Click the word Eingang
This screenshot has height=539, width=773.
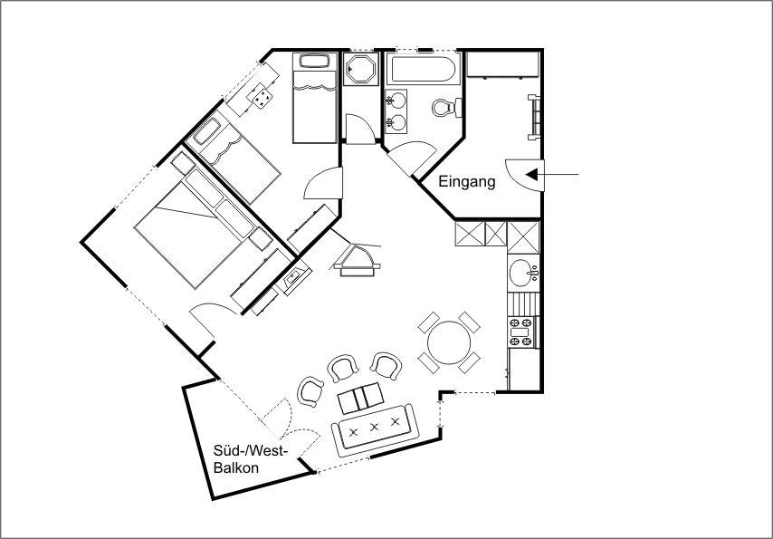[x=467, y=182]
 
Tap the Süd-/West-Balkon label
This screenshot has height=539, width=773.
[x=250, y=459]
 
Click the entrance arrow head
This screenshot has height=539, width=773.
[x=531, y=174]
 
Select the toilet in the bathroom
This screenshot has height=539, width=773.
[x=446, y=107]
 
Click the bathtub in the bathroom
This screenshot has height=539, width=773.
[x=423, y=69]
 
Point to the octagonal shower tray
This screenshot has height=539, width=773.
[x=360, y=69]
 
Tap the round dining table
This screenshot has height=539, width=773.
[x=449, y=342]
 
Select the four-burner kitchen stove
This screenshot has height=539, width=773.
[x=521, y=332]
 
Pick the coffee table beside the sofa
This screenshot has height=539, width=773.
[x=361, y=398]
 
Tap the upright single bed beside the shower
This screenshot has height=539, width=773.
[x=314, y=98]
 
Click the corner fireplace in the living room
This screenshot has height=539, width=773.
[x=357, y=261]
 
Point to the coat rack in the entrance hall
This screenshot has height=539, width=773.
[x=534, y=117]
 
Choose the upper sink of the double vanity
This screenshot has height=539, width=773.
[x=396, y=101]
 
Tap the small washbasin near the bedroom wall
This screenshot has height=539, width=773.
[x=294, y=277]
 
